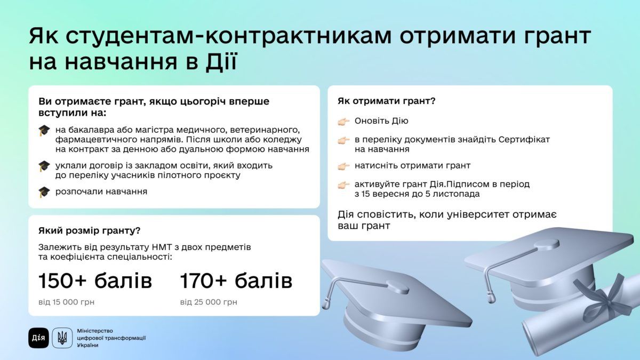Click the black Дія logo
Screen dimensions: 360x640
coord(39,338)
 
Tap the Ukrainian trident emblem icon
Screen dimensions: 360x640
coord(62,338)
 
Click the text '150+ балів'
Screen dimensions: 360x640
coord(95,281)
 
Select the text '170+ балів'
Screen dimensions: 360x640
coord(236,281)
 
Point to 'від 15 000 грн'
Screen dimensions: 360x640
coord(67,302)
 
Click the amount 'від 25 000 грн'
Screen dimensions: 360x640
coord(209,302)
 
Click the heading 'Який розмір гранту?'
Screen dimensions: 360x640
coord(90,230)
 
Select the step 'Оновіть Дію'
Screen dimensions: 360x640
coord(381,121)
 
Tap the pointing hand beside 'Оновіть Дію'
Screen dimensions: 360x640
coord(344,122)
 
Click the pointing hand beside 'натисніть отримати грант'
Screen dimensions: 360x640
coord(344,166)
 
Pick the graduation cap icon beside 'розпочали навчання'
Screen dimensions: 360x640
coord(44,191)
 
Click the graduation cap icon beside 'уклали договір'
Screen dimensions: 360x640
coord(44,166)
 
